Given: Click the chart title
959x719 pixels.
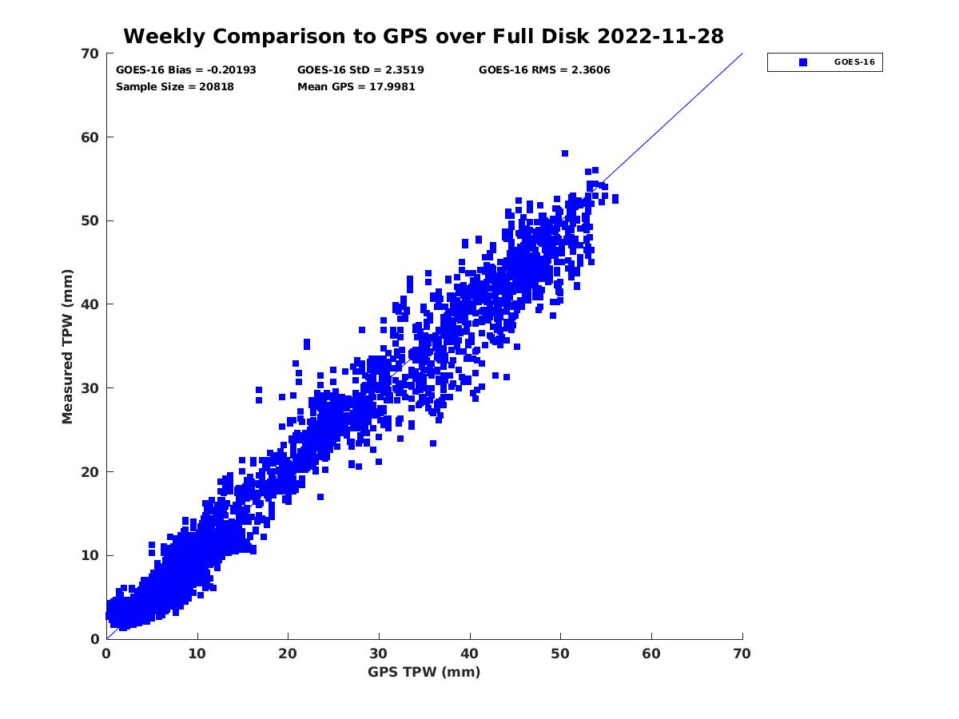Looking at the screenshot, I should pos(424,36).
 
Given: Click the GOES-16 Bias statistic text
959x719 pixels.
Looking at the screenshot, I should pos(186,70).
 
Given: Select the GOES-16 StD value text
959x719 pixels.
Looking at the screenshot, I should pos(360,70).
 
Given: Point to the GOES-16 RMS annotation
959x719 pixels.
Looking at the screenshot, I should pos(544,70).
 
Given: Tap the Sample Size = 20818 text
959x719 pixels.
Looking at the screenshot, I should pos(175,86).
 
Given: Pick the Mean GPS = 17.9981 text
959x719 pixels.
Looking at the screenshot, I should pos(356,86).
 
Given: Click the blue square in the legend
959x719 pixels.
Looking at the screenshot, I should pos(803,62).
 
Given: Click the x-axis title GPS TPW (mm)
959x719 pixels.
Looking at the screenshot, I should pos(424,672).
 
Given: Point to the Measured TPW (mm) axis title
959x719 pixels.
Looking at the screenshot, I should pos(68,346).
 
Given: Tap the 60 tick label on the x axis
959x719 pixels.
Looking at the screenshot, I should pos(652,653).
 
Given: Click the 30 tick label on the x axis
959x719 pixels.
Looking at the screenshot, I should pos(379,653).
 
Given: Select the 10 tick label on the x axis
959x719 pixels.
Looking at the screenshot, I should pos(197,653).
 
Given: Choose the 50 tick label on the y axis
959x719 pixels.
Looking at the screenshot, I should pos(91,221).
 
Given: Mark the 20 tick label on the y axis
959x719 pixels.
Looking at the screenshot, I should pos(91,472).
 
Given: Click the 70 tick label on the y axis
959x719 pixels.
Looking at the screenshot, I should pos(91,54).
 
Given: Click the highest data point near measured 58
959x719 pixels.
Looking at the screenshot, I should pos(565,153).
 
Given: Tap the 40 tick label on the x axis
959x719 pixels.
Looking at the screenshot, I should pos(470,653).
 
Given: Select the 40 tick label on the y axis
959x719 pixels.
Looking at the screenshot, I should pos(91,304).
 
